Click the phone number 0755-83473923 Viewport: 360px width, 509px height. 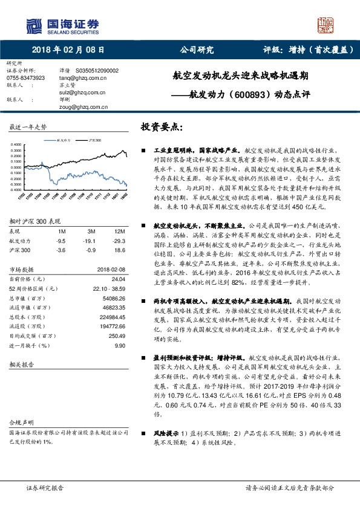(x=25, y=78)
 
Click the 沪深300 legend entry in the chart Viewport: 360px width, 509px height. (x=90, y=139)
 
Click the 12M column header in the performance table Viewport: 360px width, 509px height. (x=119, y=232)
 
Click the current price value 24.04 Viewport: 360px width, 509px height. (x=118, y=279)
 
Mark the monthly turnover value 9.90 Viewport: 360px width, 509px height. (x=119, y=345)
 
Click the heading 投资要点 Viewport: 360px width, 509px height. (x=161, y=129)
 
